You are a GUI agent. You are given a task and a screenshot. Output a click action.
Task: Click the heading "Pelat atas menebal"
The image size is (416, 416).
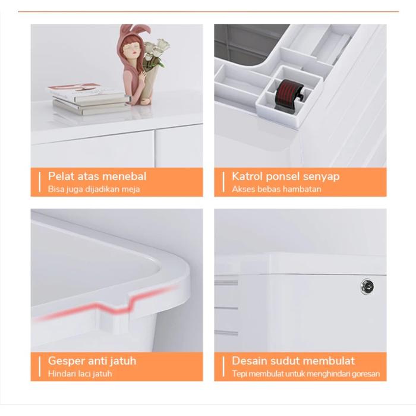(97, 176)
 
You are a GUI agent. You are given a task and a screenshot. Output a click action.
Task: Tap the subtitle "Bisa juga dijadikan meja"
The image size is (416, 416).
(94, 189)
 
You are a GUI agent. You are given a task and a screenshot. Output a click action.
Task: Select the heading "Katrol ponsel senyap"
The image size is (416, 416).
(285, 177)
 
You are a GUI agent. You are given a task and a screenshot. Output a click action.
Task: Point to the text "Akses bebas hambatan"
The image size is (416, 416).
(276, 189)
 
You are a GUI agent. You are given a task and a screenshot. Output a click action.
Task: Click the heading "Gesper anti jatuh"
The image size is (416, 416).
(92, 361)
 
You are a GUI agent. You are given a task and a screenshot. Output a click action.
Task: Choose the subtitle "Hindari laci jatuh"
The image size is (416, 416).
(80, 374)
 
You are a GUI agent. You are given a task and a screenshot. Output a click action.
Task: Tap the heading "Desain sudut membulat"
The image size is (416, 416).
(293, 361)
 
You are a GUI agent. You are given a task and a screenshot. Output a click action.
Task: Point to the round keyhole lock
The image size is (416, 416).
(367, 286)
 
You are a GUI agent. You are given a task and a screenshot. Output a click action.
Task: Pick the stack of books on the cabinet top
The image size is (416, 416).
(89, 99)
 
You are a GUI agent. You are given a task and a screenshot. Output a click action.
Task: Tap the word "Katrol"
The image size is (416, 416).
(247, 176)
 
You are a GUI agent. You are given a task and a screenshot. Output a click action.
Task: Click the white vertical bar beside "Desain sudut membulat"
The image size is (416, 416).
(223, 367)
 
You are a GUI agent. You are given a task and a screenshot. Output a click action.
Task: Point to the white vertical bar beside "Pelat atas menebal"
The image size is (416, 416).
(40, 182)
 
